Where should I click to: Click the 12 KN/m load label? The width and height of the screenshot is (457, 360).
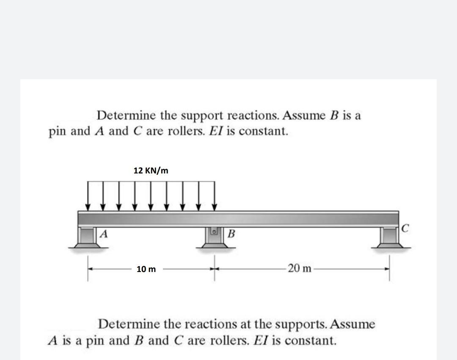151,170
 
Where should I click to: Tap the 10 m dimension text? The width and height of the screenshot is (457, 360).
146,269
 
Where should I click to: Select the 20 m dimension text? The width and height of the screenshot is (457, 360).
299,268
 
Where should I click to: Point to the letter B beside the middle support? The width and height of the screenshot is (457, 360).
231,234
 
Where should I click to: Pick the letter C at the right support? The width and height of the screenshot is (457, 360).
405,229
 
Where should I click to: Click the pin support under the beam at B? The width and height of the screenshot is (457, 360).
215,239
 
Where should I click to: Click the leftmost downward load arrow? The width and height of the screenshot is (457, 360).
88,196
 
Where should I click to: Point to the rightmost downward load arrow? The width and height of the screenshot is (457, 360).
215,196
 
